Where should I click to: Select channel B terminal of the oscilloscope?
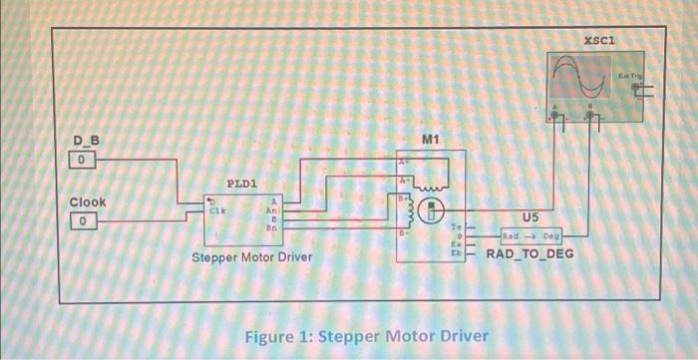click(593, 116)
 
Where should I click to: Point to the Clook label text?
click(88, 201)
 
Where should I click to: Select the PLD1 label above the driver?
click(242, 183)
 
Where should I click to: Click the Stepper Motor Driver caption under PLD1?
click(251, 257)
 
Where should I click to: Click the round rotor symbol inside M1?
click(433, 210)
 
